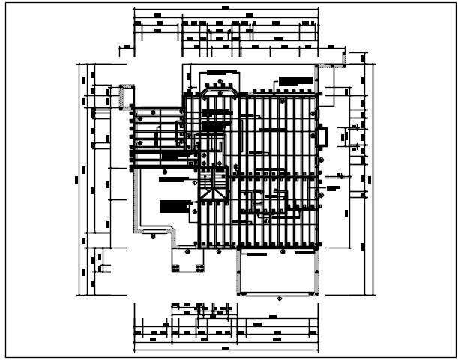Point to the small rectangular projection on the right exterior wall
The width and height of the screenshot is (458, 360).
click(323, 136)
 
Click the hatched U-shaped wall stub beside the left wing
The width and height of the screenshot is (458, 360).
click(121, 97)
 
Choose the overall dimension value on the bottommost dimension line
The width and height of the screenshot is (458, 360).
click(226, 349)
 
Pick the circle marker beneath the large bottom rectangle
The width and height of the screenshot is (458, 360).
click(280, 298)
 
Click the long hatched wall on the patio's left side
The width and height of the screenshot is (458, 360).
click(136, 199)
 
